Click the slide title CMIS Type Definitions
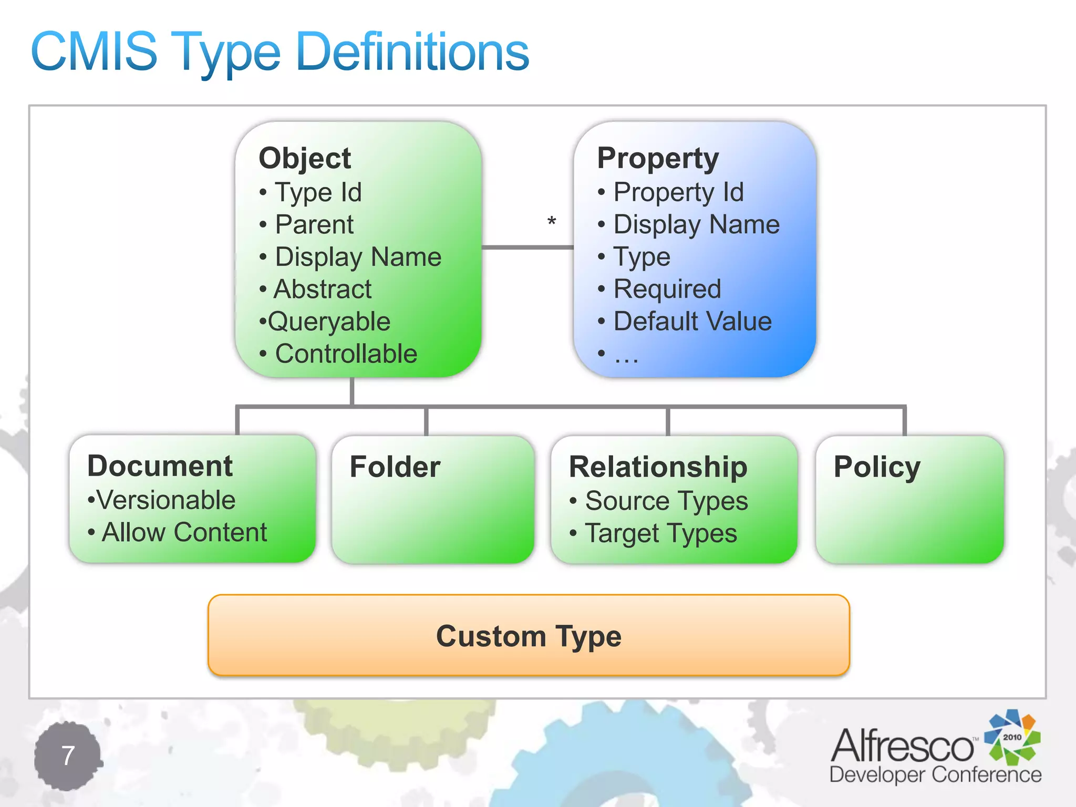tap(280, 51)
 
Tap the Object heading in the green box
tap(305, 158)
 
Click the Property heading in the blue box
tap(658, 158)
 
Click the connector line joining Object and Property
tap(527, 247)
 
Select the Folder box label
tap(395, 467)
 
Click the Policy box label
tap(877, 467)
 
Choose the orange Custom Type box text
tap(529, 636)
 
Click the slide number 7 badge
tap(68, 756)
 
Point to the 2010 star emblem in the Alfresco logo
tap(1012, 737)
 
